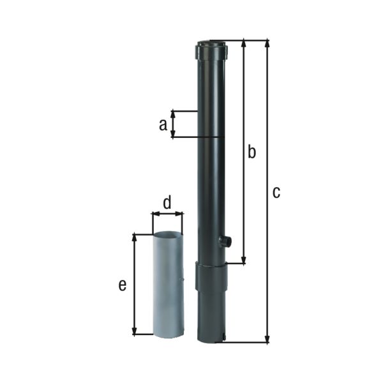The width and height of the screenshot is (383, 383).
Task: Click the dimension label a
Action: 163,124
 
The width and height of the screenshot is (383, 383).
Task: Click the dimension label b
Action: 252,152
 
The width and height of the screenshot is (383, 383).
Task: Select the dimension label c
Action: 276,192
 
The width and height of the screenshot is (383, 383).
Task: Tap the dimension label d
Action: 167,203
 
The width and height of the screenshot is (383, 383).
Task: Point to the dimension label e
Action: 122,285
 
